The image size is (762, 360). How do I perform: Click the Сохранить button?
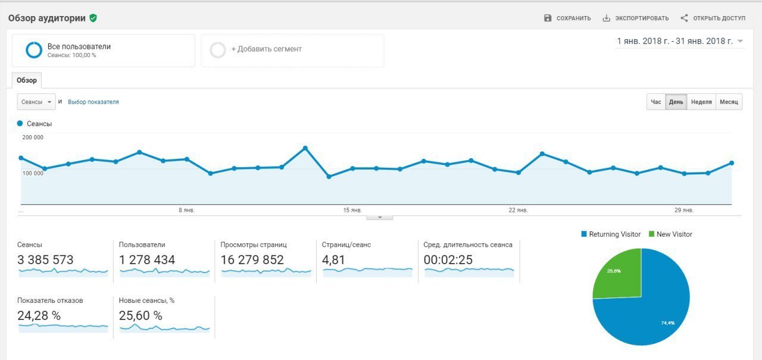coord(567,18)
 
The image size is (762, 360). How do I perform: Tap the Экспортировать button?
coord(635,18)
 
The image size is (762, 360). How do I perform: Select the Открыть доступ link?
coord(713,18)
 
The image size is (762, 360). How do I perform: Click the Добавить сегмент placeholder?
coord(266,49)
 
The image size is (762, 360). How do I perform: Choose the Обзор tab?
coord(26,80)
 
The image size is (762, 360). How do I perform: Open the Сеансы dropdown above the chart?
coord(36,102)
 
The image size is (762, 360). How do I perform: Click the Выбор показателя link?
coord(93,102)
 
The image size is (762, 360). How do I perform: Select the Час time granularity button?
coord(655,102)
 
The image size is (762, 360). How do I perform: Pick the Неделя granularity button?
coord(701,102)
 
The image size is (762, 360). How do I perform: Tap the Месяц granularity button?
coord(729,102)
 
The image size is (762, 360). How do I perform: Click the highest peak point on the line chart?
coord(305,148)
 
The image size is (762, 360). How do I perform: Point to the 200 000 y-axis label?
coord(33,137)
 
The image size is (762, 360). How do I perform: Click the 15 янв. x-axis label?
coord(352,210)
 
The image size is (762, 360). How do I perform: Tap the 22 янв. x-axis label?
coord(518,210)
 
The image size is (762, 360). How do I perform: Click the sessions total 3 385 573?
coord(45,260)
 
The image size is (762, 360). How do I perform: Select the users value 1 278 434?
coord(147,260)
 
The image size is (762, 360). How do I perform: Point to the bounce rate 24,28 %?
coord(39,315)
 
